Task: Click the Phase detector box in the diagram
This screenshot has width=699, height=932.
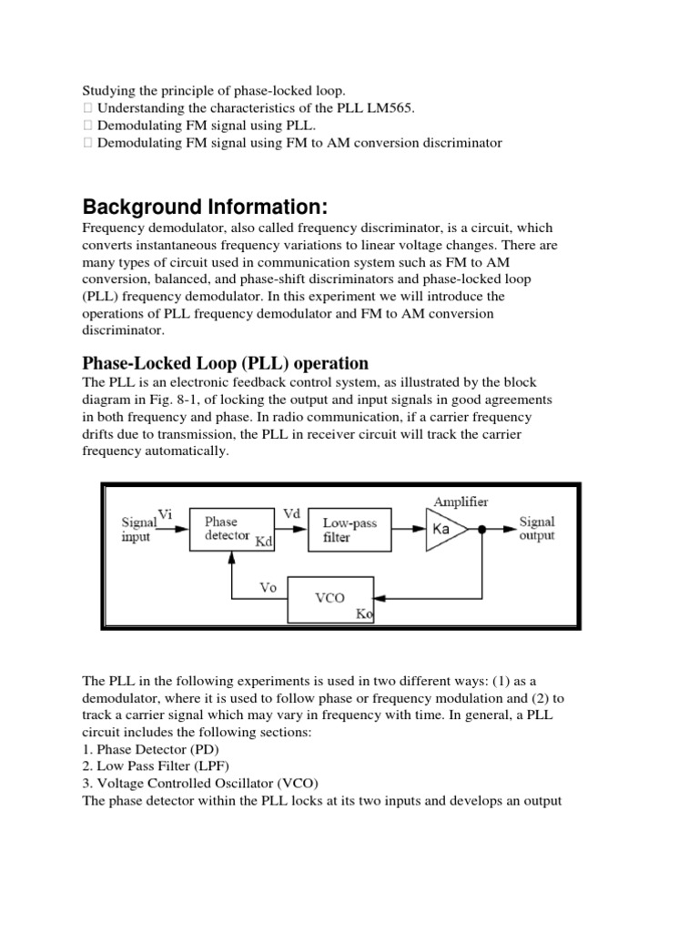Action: pos(233,530)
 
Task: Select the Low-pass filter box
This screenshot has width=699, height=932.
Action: pos(356,530)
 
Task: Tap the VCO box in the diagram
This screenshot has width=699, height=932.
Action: pos(329,600)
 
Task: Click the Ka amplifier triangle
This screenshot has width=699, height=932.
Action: pos(444,530)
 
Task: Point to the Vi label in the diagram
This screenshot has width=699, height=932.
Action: pos(166,514)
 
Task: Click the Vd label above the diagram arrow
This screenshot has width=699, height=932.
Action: pos(292,514)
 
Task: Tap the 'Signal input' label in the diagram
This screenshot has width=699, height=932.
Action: pos(139,530)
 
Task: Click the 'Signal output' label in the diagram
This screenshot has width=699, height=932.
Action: pos(537,530)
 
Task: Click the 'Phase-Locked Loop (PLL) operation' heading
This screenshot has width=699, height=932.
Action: pos(225,363)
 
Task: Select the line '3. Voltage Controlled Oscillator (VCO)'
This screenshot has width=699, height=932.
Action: pos(200,785)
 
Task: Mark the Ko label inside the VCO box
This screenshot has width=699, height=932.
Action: pos(364,614)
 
